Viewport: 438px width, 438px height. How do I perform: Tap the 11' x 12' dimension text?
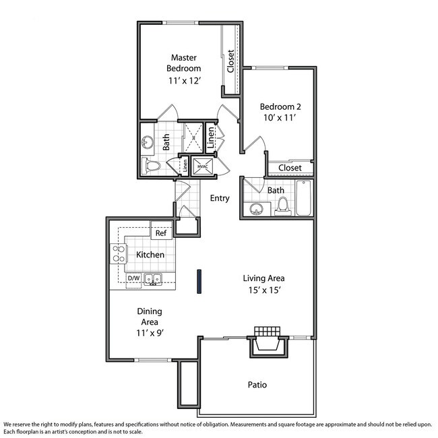coord(185,81)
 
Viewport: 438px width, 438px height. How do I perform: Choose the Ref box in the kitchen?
coord(161,233)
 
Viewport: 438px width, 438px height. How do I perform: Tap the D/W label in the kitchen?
coord(133,278)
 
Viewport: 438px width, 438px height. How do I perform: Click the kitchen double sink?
coord(153,279)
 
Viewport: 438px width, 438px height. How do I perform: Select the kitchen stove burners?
coord(119,254)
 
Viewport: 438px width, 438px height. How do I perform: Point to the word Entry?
coord(220,198)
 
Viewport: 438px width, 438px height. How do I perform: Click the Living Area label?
coord(263,278)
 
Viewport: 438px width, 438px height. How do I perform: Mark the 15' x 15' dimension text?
coord(263,290)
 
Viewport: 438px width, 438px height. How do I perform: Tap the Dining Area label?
coord(149,317)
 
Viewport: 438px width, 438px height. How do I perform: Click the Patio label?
coord(257,385)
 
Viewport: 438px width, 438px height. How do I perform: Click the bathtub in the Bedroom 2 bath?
coord(304,198)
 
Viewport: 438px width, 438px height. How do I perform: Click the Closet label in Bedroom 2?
coord(290,167)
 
